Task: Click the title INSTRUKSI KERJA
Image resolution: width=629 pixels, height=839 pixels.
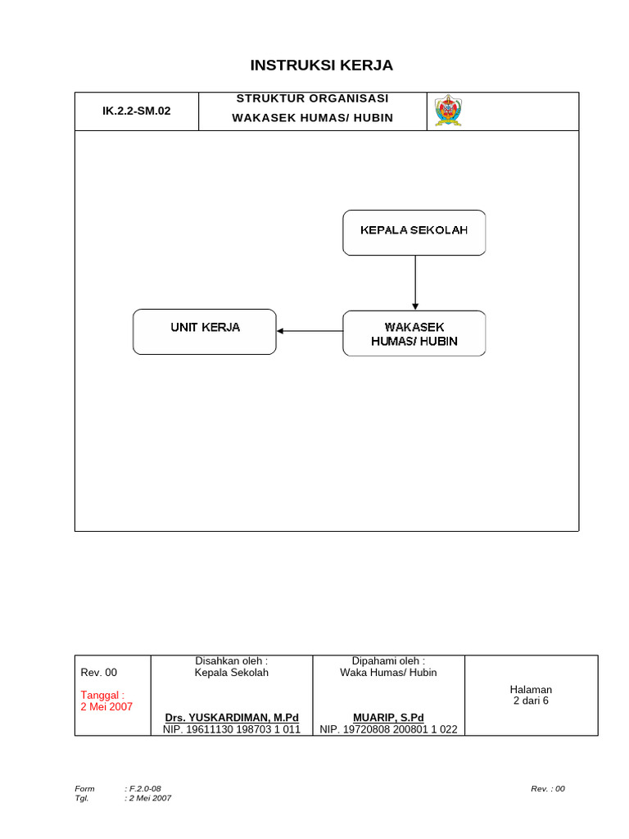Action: (x=310, y=66)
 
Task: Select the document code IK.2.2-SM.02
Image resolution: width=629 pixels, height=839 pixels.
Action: (x=136, y=111)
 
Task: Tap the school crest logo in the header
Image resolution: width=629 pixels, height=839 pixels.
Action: (x=447, y=111)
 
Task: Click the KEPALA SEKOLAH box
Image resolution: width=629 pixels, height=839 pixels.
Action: (x=414, y=232)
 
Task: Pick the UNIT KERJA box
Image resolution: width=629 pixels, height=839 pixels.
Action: (x=205, y=331)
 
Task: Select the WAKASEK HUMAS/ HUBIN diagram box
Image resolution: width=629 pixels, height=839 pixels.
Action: (x=414, y=333)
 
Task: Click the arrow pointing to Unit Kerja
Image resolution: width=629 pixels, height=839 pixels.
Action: (x=309, y=331)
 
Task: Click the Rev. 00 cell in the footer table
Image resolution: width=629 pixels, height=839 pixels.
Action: (x=99, y=673)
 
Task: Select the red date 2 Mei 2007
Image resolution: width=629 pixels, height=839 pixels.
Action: (x=106, y=706)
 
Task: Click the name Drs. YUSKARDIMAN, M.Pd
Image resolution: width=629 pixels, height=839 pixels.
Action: (x=232, y=717)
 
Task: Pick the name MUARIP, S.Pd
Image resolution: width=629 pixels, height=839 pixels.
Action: (x=388, y=717)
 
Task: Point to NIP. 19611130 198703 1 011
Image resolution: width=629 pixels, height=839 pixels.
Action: (x=232, y=728)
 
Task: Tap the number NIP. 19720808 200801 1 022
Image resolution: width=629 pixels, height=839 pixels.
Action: (x=388, y=728)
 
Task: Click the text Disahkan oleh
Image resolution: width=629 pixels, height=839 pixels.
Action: (x=232, y=660)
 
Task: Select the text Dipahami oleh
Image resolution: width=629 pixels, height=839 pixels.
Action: (x=388, y=660)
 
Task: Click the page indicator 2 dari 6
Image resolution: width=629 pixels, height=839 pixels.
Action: (x=531, y=701)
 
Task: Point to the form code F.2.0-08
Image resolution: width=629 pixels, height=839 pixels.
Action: (x=150, y=788)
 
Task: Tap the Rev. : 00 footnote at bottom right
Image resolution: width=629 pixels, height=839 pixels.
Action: (x=547, y=788)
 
